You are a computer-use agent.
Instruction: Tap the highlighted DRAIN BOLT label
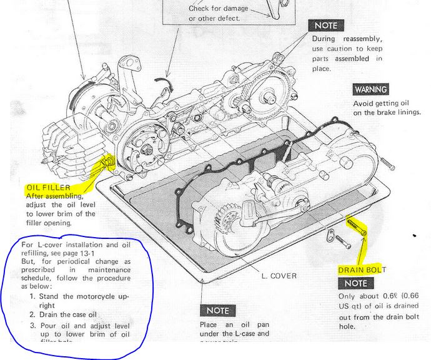coord(362,270)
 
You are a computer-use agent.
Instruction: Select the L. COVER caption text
coord(279,275)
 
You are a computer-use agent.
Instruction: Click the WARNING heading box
coord(370,89)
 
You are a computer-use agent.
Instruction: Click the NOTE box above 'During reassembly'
coord(325,26)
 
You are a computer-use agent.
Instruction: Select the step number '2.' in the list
coord(32,315)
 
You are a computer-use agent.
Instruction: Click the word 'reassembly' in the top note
coord(362,38)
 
